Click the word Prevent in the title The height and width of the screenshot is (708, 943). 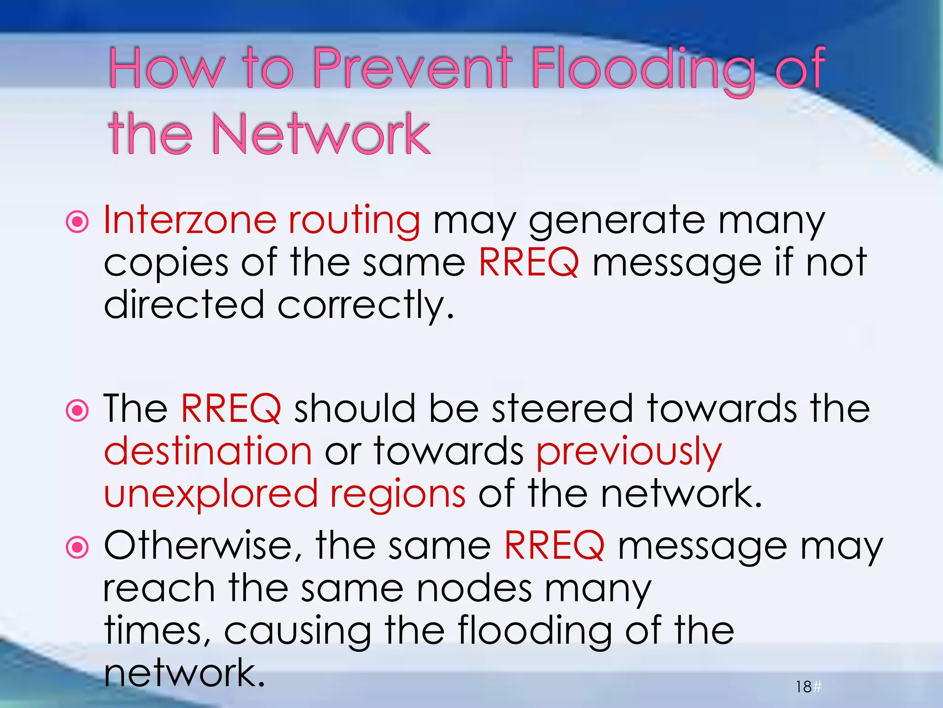point(412,69)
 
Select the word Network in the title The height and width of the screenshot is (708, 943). point(320,135)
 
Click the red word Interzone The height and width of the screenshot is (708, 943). point(190,220)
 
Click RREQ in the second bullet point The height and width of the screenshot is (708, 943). point(231,409)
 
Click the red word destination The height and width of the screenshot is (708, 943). point(208,451)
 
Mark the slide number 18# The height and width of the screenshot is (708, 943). point(808,687)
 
